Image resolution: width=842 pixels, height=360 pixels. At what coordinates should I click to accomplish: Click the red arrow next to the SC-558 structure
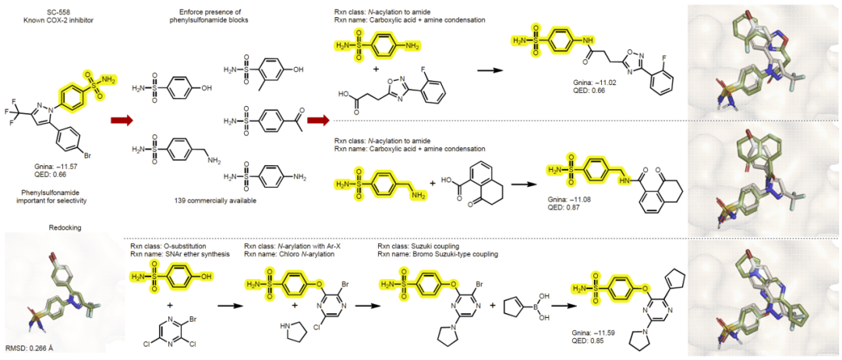[x=122, y=121]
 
